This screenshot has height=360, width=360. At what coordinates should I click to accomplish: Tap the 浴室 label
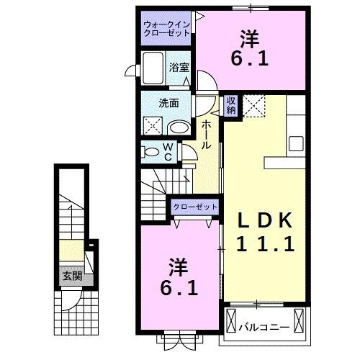click(179, 67)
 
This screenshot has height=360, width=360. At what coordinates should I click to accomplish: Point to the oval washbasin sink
click(179, 127)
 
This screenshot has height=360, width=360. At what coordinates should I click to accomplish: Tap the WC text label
click(167, 151)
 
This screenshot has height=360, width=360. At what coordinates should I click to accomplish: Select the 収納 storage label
click(231, 105)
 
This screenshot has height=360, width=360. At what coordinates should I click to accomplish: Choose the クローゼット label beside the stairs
click(194, 207)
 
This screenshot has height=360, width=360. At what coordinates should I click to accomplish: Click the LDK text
click(266, 219)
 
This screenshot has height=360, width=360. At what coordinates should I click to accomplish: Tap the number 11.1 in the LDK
click(266, 244)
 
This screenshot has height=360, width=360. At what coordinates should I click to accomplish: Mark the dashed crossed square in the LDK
click(254, 107)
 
